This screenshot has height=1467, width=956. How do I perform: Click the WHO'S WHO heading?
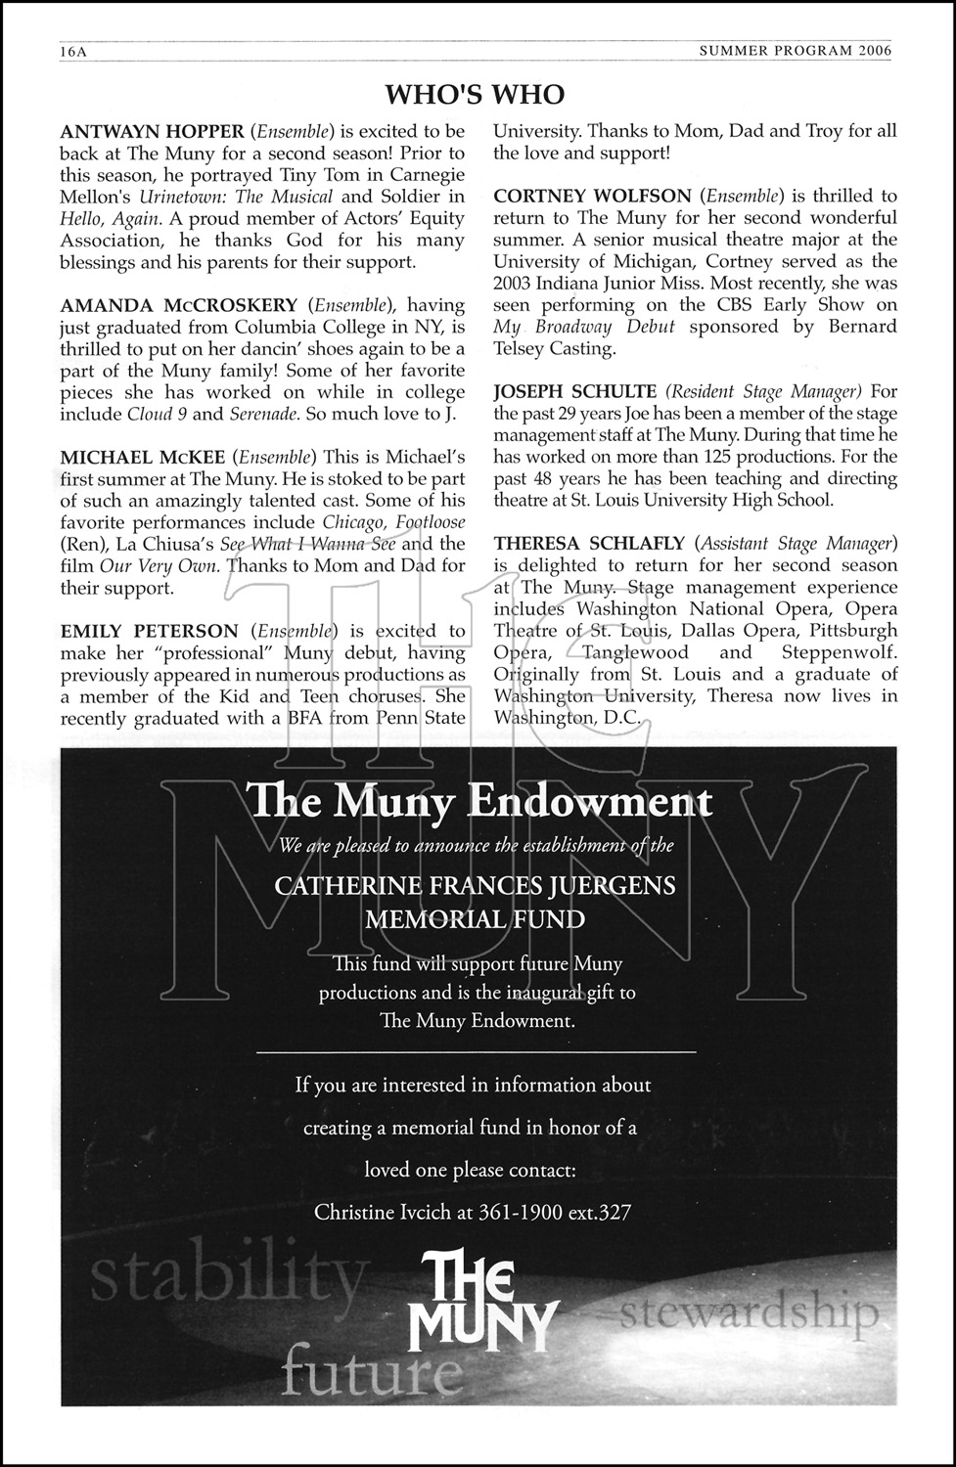pyautogui.click(x=475, y=95)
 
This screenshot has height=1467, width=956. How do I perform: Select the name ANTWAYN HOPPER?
pyautogui.click(x=152, y=131)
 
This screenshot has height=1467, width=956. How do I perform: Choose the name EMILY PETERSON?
pyautogui.click(x=149, y=631)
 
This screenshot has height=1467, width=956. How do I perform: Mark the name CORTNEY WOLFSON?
pyautogui.click(x=592, y=197)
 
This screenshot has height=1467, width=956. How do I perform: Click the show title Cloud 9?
pyautogui.click(x=157, y=414)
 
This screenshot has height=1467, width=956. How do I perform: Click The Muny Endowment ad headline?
pyautogui.click(x=479, y=802)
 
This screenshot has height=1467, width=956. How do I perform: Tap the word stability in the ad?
pyautogui.click(x=231, y=1276)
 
